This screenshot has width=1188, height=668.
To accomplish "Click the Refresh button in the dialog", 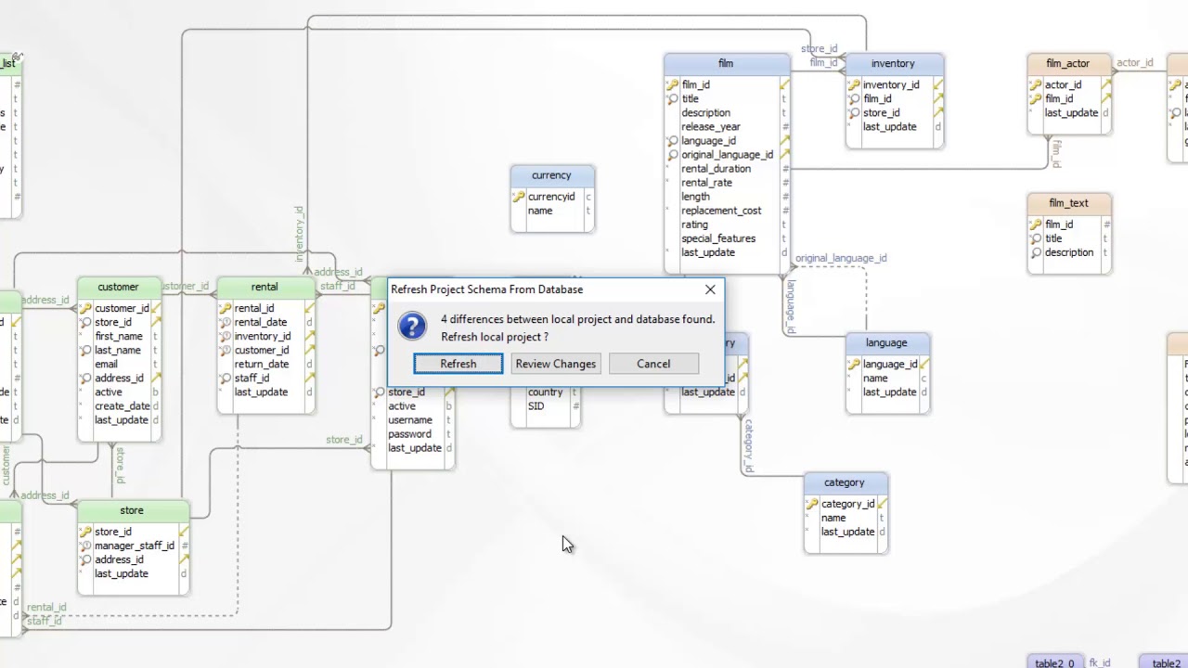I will [458, 364].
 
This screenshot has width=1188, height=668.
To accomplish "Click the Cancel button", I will [653, 364].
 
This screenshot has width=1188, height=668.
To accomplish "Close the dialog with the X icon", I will [710, 289].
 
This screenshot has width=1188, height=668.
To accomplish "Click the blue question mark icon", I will [412, 327].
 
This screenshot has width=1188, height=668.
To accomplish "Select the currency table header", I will [551, 175].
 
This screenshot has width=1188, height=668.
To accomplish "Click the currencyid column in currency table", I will [551, 197].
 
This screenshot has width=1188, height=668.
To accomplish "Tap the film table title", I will [726, 63].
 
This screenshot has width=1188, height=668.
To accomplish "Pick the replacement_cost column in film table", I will [721, 211].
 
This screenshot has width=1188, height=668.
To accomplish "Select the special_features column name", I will [718, 238].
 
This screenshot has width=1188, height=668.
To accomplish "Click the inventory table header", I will [893, 63].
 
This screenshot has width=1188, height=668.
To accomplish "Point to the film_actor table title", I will [1067, 63].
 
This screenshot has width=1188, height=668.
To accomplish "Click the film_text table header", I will [1068, 203].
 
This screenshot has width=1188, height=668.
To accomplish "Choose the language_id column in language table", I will [890, 365].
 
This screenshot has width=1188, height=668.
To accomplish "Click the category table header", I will [845, 482].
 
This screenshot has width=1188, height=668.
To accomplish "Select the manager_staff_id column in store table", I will [135, 546].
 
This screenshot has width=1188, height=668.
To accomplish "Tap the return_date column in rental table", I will [262, 365].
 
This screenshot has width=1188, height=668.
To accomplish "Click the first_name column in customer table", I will [119, 337].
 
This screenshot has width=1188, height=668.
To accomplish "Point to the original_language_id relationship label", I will [841, 258].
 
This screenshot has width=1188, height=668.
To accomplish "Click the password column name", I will [409, 434].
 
